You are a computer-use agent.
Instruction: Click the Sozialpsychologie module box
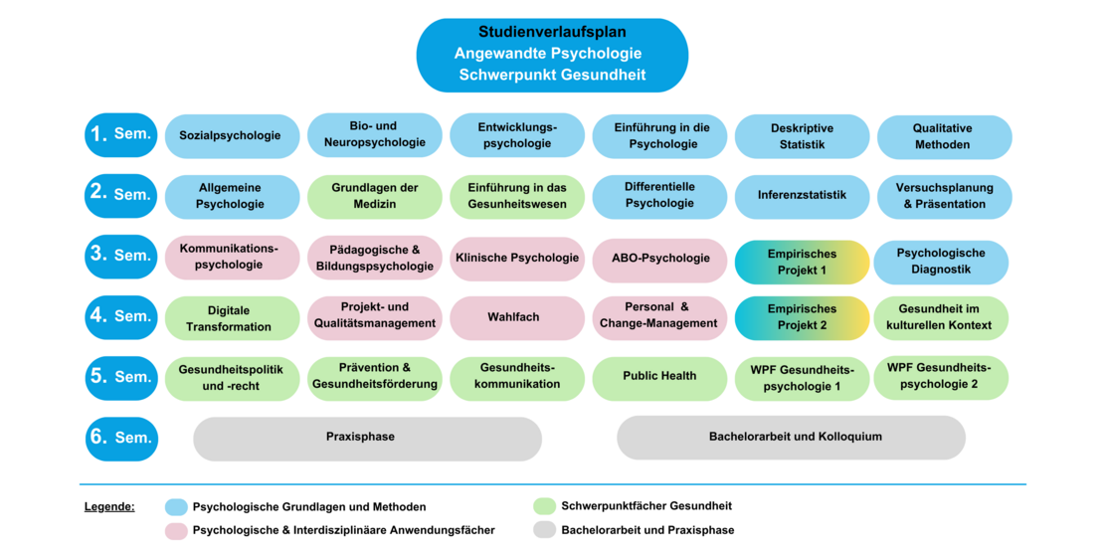click(232, 136)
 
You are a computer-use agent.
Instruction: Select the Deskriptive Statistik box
click(802, 136)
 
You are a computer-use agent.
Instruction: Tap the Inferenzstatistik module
click(802, 196)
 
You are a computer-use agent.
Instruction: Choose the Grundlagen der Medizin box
click(374, 196)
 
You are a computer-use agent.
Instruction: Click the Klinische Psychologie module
click(517, 259)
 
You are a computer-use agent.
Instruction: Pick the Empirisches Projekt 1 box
click(802, 262)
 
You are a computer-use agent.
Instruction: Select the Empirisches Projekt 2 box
click(802, 317)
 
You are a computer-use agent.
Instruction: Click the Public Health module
click(659, 377)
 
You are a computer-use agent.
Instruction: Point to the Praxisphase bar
click(367, 438)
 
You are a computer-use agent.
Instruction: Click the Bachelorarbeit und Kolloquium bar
click(791, 438)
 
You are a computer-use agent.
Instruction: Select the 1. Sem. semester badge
click(121, 135)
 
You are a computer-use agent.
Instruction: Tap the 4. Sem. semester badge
click(121, 317)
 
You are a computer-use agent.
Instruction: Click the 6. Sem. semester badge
click(121, 439)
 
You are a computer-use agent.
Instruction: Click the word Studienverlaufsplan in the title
click(552, 32)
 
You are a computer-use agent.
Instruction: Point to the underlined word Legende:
click(109, 507)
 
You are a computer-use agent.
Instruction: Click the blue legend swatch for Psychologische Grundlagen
click(176, 507)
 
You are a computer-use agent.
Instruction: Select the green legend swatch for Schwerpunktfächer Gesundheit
click(544, 506)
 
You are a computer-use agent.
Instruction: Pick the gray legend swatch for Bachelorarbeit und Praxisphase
click(544, 530)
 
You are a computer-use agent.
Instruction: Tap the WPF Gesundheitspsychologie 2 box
click(940, 377)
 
